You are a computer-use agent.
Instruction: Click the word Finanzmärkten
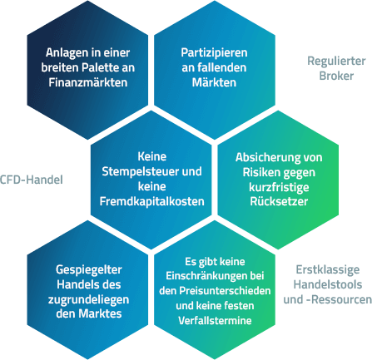click(x=88, y=82)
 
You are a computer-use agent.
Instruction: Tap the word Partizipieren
click(x=214, y=53)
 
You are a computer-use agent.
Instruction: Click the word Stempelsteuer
click(x=141, y=171)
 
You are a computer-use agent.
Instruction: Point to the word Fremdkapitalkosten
click(x=152, y=201)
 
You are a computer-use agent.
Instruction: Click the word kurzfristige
click(x=279, y=187)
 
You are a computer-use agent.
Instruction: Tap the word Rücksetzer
click(x=279, y=201)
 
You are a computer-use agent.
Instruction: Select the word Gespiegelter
click(x=89, y=269)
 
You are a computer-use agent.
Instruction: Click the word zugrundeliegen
click(x=88, y=299)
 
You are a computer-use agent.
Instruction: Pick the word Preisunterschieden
click(x=225, y=291)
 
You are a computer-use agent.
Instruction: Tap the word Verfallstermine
click(x=215, y=321)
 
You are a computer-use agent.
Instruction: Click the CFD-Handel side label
click(x=32, y=180)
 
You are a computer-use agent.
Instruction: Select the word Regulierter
click(x=336, y=61)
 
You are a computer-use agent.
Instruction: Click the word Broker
click(x=336, y=76)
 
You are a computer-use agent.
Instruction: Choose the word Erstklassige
click(x=328, y=269)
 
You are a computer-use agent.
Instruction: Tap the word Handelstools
click(x=328, y=284)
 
